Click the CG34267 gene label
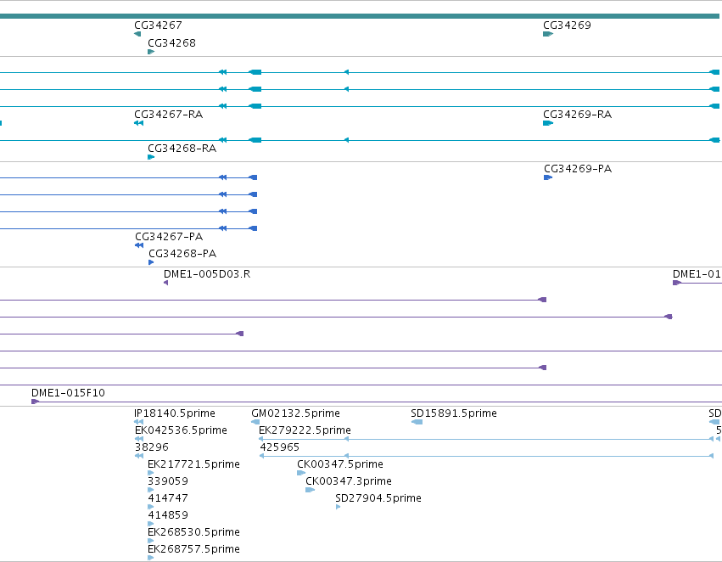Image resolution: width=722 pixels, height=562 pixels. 158,25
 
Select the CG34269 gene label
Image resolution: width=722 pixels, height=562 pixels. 567,25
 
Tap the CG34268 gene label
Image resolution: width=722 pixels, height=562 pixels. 171,43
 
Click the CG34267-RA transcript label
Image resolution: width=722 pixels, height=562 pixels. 169,115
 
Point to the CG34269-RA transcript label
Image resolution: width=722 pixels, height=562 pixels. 578,115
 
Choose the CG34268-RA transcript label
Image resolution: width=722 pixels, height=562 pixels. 182,149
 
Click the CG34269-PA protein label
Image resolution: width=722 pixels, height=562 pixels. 578,169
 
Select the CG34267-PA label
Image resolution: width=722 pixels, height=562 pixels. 169,237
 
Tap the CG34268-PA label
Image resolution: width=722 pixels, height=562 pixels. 182,254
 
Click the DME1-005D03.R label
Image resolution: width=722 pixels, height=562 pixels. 207,274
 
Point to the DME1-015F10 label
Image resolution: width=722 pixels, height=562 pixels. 68,393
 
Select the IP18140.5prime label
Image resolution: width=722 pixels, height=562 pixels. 175,413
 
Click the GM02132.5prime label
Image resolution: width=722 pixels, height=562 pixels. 295,413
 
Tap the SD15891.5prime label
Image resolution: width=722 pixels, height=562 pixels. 454,413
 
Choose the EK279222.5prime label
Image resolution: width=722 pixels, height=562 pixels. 305,430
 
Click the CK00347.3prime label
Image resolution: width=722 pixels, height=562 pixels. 349,481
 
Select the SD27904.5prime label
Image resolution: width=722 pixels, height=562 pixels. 378,498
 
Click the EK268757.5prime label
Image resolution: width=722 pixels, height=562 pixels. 193,549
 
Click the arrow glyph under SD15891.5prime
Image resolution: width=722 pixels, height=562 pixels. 417,422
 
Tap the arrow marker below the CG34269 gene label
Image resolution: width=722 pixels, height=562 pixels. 548,34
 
